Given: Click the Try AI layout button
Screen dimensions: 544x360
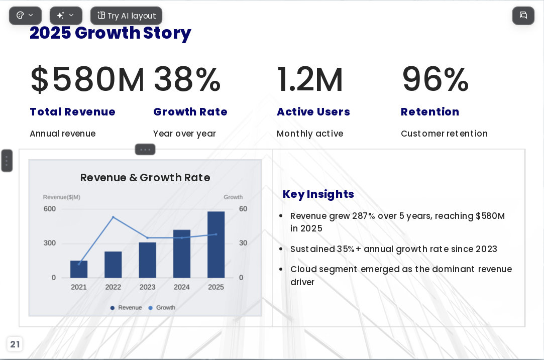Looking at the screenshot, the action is click(x=126, y=16).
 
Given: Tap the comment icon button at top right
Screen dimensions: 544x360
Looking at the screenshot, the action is click(x=523, y=16).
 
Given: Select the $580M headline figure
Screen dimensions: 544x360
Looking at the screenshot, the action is click(x=87, y=79).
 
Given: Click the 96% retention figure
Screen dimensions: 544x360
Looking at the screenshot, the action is click(x=436, y=79).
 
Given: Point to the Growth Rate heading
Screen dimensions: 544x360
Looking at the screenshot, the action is click(x=190, y=111).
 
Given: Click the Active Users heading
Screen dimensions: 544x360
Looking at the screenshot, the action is click(x=313, y=111).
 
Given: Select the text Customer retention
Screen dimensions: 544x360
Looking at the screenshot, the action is click(x=444, y=134).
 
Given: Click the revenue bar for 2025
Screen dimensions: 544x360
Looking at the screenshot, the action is click(x=216, y=245).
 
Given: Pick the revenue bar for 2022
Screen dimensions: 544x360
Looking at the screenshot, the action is click(x=113, y=265).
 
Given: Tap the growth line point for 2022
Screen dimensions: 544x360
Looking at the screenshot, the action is click(x=113, y=217).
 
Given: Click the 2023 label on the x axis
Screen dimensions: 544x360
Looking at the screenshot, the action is click(x=148, y=287).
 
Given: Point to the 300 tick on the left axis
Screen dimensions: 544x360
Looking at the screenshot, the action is click(x=50, y=243).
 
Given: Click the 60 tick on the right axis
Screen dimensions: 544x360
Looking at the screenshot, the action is click(x=243, y=209).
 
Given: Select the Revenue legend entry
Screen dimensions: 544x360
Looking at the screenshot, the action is click(x=126, y=308).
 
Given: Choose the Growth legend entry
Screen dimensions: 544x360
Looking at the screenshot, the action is click(x=162, y=308).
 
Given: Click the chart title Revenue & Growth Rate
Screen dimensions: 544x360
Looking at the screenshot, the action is click(x=145, y=178).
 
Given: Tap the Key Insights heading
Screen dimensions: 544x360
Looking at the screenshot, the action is click(x=318, y=194).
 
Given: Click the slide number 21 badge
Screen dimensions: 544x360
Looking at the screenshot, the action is click(x=15, y=344).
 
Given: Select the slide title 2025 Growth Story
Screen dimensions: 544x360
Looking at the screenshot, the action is click(x=111, y=33).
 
